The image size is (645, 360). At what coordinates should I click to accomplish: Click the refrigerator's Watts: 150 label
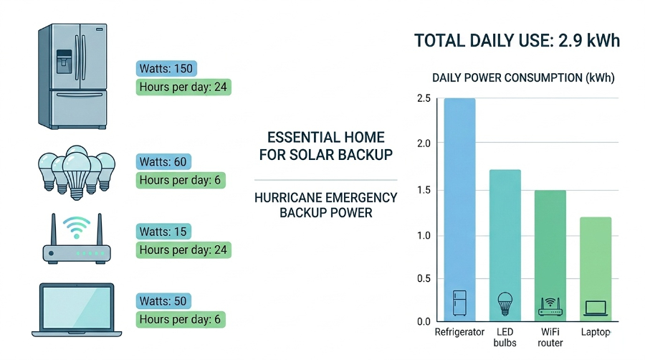(x=166, y=68)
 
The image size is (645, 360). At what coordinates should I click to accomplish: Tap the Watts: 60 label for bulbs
(x=163, y=161)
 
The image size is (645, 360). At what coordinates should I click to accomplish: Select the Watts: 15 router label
(x=163, y=232)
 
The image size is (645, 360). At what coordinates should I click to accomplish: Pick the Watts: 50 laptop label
(x=163, y=301)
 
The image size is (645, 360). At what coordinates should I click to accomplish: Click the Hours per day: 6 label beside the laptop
(x=181, y=319)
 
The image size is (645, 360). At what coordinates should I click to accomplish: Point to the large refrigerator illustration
(x=73, y=76)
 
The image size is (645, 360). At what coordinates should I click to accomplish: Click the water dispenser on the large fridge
(x=64, y=62)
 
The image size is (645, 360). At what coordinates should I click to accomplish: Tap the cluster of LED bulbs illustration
(x=77, y=173)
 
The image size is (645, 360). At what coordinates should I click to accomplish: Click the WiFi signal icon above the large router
(x=76, y=227)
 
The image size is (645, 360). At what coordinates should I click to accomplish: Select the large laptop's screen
(x=77, y=308)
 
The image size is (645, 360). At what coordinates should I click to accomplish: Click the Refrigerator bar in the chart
(x=459, y=210)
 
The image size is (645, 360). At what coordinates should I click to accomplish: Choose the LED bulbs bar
(x=505, y=246)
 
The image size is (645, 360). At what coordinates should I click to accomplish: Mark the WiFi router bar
(x=550, y=256)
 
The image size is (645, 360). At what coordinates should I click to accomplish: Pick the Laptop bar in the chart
(x=596, y=269)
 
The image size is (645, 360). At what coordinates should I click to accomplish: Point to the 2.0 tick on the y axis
(x=424, y=143)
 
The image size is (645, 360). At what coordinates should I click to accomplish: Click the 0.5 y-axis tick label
(x=424, y=278)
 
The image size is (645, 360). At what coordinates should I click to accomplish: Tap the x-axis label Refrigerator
(x=459, y=332)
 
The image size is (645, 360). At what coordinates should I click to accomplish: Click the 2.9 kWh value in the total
(x=589, y=41)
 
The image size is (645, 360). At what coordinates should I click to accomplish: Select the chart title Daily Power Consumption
(x=523, y=77)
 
